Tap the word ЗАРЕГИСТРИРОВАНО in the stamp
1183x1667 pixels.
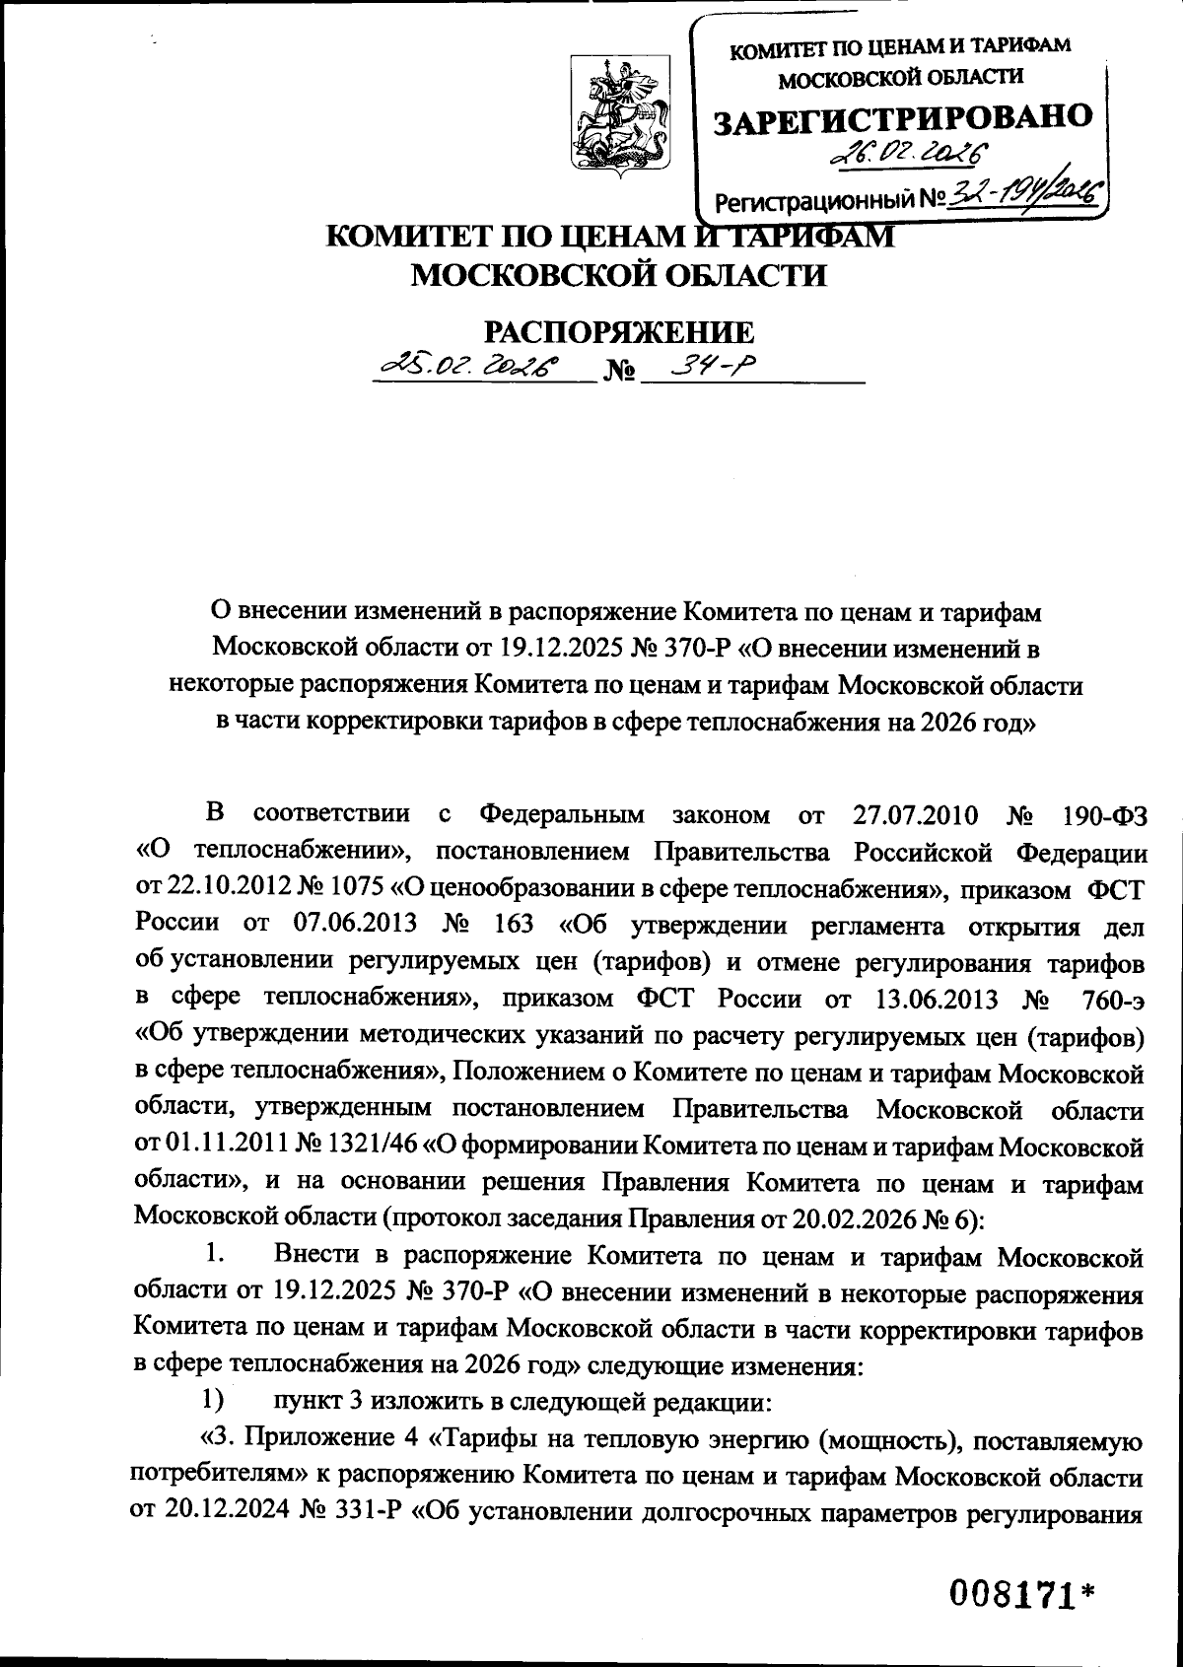pyautogui.click(x=902, y=119)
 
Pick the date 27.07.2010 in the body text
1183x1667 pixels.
pyautogui.click(x=912, y=815)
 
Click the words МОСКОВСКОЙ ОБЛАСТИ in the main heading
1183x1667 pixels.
pyautogui.click(x=617, y=275)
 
